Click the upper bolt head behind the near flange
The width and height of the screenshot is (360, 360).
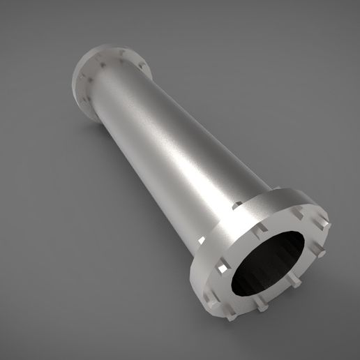[238, 206]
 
